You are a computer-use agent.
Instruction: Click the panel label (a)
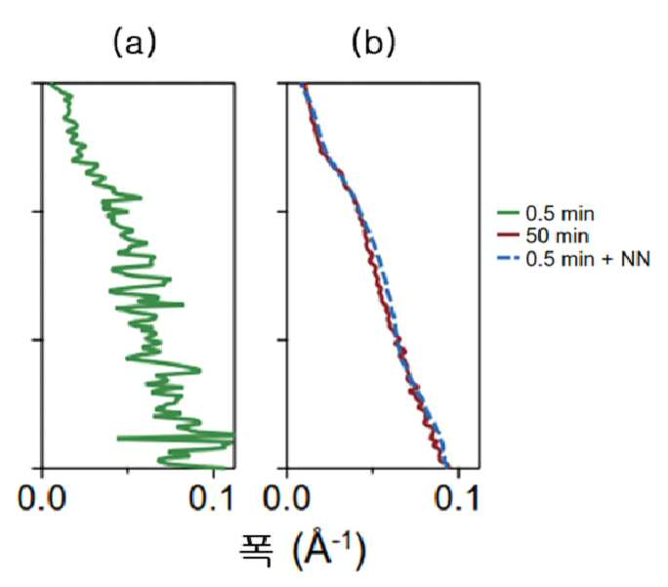(x=135, y=43)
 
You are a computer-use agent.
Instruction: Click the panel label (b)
(x=373, y=43)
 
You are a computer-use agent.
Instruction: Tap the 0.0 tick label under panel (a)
(x=42, y=497)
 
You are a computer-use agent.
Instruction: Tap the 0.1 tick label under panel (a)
(x=212, y=497)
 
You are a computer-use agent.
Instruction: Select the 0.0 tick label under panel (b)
(x=286, y=497)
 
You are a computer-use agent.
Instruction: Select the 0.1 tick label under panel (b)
(x=457, y=497)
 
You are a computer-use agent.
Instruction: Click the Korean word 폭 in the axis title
(x=256, y=550)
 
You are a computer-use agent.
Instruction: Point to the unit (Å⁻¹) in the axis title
(x=329, y=550)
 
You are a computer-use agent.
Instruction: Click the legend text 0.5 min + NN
(x=588, y=259)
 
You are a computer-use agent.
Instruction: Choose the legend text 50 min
(x=558, y=236)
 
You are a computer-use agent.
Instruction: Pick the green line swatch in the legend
(x=508, y=213)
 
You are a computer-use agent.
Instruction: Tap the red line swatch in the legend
(x=508, y=234)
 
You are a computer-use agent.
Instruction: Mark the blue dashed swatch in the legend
(x=508, y=258)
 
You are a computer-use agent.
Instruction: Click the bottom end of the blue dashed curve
(x=446, y=466)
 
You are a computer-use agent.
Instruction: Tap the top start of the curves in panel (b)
(x=303, y=85)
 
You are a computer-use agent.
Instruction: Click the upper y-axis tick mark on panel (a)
(x=37, y=211)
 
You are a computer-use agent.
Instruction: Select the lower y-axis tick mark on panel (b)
(x=283, y=340)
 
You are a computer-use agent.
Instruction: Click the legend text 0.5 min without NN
(x=560, y=214)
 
